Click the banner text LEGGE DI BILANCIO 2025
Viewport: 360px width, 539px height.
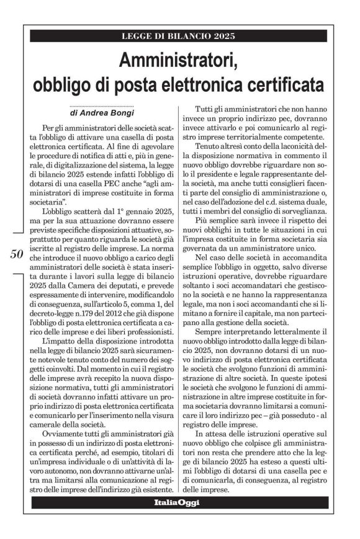click(179, 36)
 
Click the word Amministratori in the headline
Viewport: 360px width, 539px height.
click(179, 61)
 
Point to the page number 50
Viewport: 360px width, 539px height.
click(17, 253)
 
